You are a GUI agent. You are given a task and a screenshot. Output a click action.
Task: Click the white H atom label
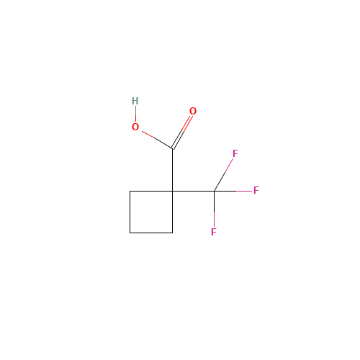(x=135, y=101)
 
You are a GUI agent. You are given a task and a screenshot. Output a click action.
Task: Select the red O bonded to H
(x=135, y=127)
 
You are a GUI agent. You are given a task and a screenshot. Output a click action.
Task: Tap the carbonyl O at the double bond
(x=192, y=112)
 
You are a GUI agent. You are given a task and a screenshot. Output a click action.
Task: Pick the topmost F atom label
(x=235, y=154)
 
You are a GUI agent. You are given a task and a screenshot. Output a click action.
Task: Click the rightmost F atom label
(x=256, y=191)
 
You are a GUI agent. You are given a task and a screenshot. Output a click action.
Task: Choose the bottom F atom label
(x=214, y=232)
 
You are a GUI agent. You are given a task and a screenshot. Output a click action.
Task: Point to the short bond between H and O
(x=135, y=114)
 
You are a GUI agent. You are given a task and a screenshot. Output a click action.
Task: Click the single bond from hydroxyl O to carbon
(x=158, y=140)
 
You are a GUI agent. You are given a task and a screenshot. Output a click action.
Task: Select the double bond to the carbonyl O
(x=181, y=131)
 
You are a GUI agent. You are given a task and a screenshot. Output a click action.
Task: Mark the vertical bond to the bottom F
(x=214, y=218)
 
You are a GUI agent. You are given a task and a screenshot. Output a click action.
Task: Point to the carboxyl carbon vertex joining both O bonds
(x=172, y=148)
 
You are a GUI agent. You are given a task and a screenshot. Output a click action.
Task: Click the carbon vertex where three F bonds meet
(x=214, y=191)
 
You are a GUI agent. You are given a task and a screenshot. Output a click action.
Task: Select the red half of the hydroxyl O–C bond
(x=150, y=135)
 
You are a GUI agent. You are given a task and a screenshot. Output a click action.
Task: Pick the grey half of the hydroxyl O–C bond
(x=165, y=144)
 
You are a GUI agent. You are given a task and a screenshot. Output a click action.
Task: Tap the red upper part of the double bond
(x=186, y=122)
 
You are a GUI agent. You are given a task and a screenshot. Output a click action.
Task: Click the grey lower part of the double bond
(x=177, y=139)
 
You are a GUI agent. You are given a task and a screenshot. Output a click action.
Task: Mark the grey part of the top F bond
(x=218, y=183)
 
